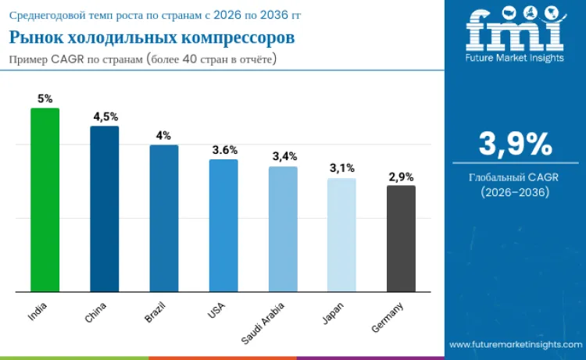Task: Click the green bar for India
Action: pos(45,200)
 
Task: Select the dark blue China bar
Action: pos(104,209)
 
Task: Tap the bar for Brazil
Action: pos(164,219)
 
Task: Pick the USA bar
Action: pos(223,226)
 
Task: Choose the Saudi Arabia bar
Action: pos(283,230)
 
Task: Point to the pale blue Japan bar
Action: pos(341,235)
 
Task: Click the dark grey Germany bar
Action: pos(401,239)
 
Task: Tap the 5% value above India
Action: pos(45,99)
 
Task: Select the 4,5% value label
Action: pos(104,117)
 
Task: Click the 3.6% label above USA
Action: pos(224,149)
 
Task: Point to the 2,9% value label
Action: pos(401,176)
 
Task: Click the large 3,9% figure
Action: pos(515,144)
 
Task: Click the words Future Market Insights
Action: pos(515,58)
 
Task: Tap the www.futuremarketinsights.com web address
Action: pos(515,344)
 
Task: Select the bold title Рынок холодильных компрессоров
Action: pos(152,38)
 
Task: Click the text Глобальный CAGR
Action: pos(515,177)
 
